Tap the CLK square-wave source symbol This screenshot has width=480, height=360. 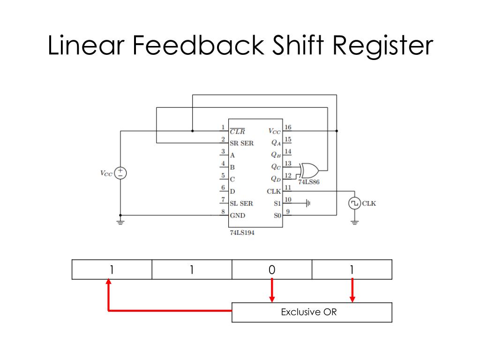tap(355, 203)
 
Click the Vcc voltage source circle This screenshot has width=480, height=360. tap(121, 173)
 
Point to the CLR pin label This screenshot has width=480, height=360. tap(237, 131)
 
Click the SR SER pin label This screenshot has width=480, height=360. tap(241, 143)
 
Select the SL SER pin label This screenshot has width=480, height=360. tap(241, 203)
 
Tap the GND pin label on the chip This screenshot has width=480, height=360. tap(238, 216)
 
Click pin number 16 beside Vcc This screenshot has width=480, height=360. tap(288, 127)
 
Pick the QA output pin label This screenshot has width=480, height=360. tap(276, 143)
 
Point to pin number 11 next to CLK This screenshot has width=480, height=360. tap(288, 187)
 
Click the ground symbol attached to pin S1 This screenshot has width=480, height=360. tap(308, 203)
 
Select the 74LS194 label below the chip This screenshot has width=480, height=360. tap(242, 233)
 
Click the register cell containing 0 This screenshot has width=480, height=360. tap(272, 270)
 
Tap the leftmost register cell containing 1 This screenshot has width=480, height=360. tap(112, 270)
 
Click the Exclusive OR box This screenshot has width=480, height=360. tap(312, 312)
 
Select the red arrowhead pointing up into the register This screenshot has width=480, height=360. tap(108, 283)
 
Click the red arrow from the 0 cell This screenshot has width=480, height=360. tap(272, 291)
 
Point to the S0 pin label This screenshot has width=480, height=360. tap(277, 216)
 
